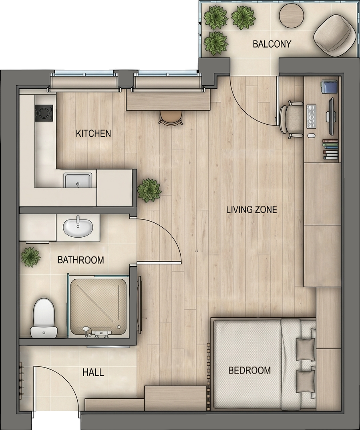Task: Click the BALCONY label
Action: (x=272, y=44)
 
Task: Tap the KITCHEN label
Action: (x=93, y=133)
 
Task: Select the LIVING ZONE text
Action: (x=252, y=210)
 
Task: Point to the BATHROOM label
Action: (x=81, y=260)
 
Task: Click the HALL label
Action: (x=93, y=372)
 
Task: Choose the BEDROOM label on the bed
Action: (x=249, y=371)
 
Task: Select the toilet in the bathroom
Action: (x=44, y=318)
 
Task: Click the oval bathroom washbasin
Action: (x=78, y=228)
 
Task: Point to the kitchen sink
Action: (x=78, y=180)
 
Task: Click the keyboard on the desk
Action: (x=311, y=116)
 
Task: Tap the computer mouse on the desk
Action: (x=311, y=135)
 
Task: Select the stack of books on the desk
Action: (x=330, y=149)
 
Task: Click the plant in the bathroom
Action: (x=31, y=257)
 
